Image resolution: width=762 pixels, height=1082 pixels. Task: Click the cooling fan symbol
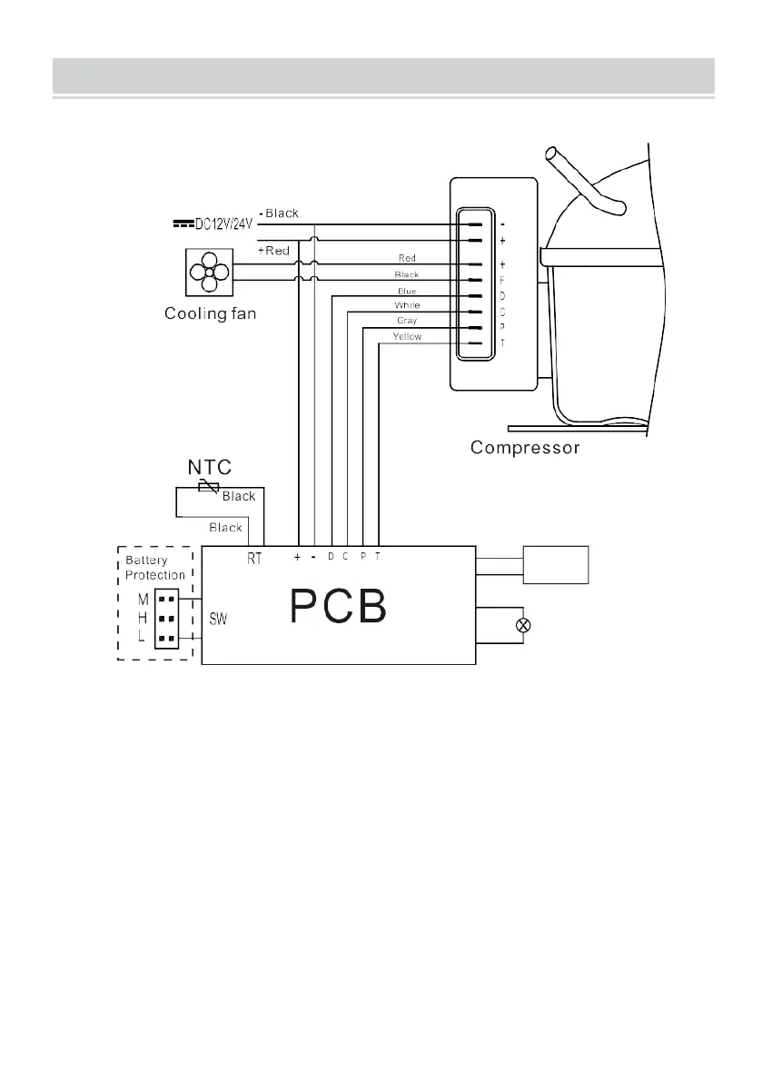pyautogui.click(x=208, y=273)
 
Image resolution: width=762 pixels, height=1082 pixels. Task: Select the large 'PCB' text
pyautogui.click(x=338, y=608)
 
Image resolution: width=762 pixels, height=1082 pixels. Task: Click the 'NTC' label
pyautogui.click(x=210, y=468)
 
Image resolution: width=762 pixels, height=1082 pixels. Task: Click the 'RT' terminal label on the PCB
pyautogui.click(x=254, y=560)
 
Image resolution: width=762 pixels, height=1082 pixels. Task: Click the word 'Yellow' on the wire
pyautogui.click(x=407, y=337)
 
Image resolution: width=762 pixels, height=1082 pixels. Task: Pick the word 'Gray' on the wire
pyautogui.click(x=407, y=321)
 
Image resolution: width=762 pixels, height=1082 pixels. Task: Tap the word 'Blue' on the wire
pyautogui.click(x=407, y=290)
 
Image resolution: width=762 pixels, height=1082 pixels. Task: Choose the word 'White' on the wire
pyautogui.click(x=407, y=305)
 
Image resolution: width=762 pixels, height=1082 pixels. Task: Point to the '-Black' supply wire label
pyautogui.click(x=279, y=213)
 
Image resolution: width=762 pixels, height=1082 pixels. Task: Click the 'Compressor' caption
pyautogui.click(x=525, y=448)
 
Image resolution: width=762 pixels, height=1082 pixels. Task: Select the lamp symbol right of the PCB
pyautogui.click(x=522, y=626)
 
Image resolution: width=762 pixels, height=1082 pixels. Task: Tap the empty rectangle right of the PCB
pyautogui.click(x=557, y=565)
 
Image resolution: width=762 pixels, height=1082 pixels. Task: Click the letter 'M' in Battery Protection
pyautogui.click(x=143, y=601)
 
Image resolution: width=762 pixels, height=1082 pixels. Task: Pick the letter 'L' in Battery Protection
pyautogui.click(x=143, y=639)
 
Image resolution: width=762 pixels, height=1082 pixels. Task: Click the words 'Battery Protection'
pyautogui.click(x=155, y=568)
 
